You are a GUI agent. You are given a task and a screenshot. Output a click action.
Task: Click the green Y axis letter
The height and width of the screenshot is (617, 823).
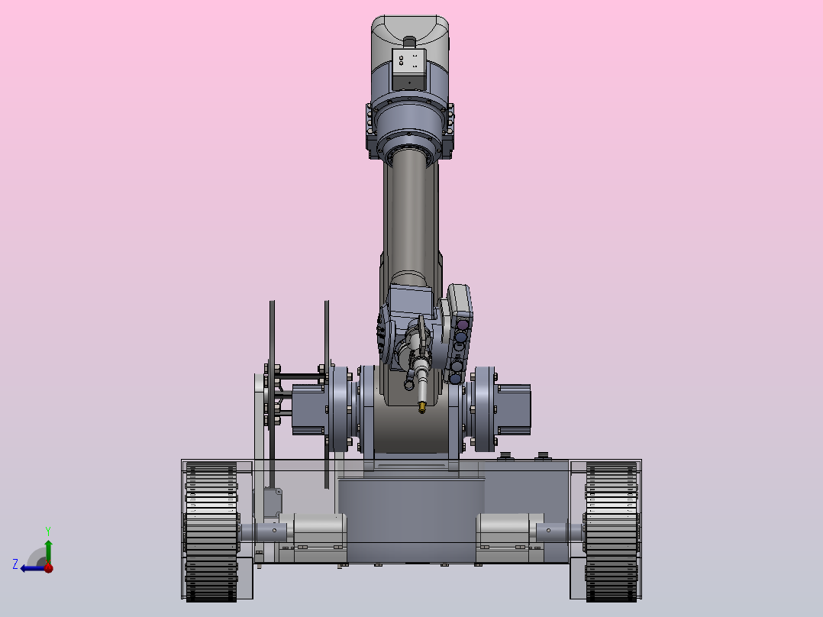[x=48, y=531]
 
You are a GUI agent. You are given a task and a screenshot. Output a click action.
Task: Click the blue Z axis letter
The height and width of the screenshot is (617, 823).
[x=15, y=564]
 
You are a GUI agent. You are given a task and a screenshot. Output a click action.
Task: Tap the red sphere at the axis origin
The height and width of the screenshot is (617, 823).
[x=48, y=567]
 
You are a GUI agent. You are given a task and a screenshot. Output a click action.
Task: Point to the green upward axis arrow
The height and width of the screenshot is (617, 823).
[x=48, y=551]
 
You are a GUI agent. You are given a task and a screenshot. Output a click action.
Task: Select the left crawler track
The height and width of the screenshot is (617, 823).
[x=211, y=531]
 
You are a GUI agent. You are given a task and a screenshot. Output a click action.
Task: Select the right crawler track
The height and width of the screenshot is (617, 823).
[x=612, y=531]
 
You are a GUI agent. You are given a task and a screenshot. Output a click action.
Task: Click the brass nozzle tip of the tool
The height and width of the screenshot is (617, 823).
[x=421, y=407]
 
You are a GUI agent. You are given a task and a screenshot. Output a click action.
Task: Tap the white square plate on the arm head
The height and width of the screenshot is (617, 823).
[x=408, y=62]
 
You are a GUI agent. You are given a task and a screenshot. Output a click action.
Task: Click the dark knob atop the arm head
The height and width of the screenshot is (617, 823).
[x=409, y=41]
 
